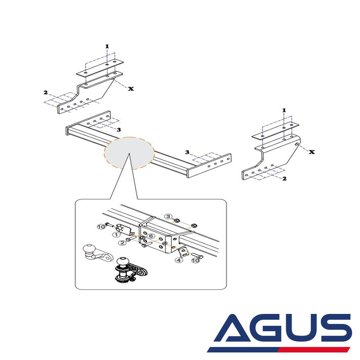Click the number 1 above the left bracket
click(107, 46)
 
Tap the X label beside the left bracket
click(131, 89)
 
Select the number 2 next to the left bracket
click(46, 92)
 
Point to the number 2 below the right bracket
click(284, 179)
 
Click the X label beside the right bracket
click(311, 152)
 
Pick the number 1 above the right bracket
click(284, 110)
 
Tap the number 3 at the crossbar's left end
click(119, 130)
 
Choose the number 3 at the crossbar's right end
click(187, 152)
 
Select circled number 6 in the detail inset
click(151, 236)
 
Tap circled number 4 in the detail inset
click(179, 260)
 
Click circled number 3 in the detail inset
click(168, 216)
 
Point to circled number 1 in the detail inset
click(116, 235)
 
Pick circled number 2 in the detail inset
click(122, 243)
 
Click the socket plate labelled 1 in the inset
click(123, 229)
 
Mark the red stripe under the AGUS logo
click(314, 350)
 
